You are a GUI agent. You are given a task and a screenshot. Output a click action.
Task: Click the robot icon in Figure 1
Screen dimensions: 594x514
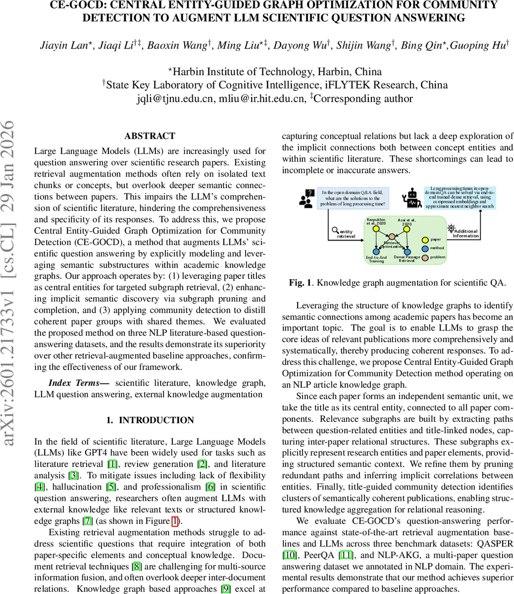tap(411, 197)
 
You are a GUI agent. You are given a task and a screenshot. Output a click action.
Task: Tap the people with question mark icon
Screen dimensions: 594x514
tap(307, 198)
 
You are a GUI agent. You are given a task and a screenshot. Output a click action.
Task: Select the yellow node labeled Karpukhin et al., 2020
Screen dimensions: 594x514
tap(376, 229)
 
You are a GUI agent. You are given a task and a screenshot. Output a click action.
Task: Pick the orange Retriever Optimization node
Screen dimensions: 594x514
tap(391, 238)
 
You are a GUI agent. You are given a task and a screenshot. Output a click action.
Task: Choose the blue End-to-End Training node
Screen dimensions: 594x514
tap(376, 252)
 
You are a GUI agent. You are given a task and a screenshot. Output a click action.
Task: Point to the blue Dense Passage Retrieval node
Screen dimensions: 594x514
tap(407, 252)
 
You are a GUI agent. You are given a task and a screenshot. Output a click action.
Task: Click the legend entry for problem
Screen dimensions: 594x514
tap(425, 257)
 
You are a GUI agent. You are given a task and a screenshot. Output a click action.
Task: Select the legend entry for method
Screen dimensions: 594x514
tap(425, 248)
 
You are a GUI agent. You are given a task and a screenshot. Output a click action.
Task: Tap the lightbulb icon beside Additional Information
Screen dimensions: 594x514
tap(451, 228)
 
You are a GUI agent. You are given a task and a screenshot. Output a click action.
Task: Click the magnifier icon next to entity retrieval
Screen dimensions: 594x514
tap(335, 230)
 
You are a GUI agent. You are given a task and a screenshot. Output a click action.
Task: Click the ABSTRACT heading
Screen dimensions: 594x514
tap(150, 136)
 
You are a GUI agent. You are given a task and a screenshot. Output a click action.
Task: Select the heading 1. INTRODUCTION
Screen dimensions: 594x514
tap(150, 420)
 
